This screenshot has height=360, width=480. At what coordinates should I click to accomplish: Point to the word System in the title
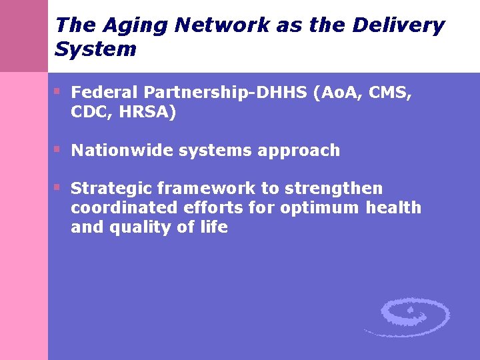[95, 49]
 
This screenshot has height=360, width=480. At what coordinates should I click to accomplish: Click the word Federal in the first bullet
[100, 92]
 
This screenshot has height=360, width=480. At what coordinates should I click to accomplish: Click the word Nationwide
[122, 151]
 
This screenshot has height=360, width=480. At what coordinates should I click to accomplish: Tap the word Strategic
[111, 189]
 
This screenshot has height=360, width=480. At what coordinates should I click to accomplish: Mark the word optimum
[321, 208]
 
